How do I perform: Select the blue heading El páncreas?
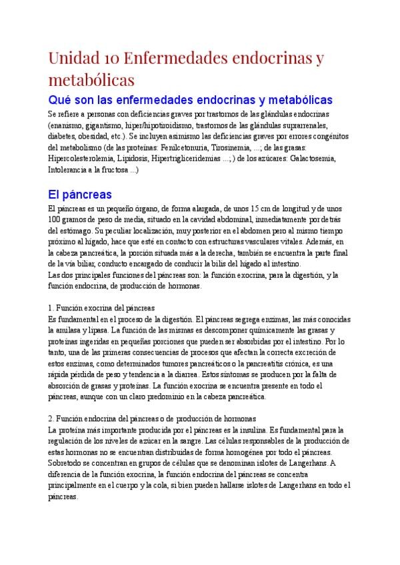coord(79,195)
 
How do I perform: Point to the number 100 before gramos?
coord(56,220)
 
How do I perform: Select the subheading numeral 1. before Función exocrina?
coord(51,308)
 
